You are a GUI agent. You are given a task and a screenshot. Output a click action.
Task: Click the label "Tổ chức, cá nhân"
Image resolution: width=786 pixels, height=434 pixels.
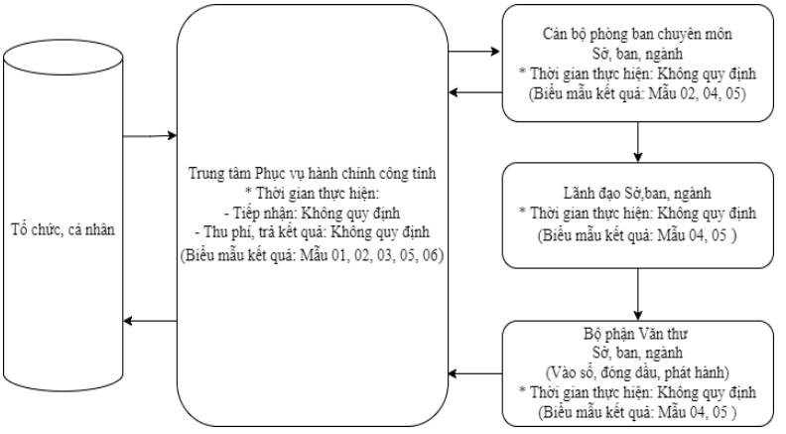click(x=64, y=229)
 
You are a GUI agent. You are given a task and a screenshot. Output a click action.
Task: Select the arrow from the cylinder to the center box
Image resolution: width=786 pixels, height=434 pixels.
click(x=150, y=135)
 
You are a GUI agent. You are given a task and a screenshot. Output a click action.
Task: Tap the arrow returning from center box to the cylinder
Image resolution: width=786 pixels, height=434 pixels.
click(x=150, y=321)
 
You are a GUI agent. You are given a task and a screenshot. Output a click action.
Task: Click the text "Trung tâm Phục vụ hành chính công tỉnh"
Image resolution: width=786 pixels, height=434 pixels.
click(x=313, y=173)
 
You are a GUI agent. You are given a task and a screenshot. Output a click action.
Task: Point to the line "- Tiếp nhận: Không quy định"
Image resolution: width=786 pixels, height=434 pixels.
click(x=313, y=214)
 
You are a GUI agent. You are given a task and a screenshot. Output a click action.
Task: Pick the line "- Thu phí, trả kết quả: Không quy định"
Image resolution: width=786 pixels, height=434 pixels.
click(x=313, y=232)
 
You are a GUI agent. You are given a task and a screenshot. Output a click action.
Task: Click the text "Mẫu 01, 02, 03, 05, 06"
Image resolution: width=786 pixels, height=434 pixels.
click(x=371, y=255)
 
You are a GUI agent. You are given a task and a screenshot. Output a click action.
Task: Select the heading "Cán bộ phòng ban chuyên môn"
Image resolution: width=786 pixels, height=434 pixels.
click(x=637, y=34)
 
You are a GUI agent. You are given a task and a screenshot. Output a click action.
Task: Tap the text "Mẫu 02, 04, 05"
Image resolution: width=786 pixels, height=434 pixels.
click(x=695, y=93)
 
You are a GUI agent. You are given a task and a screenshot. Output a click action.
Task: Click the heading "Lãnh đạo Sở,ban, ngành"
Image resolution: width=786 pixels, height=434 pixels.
click(x=637, y=194)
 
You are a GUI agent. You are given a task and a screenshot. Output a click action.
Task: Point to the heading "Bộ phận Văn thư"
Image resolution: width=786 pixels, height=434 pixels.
click(x=635, y=334)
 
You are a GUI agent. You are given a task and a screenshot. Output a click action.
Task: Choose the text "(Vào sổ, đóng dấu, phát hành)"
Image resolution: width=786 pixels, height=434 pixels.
click(x=637, y=372)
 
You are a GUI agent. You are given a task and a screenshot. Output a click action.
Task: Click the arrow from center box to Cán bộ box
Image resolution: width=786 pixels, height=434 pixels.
click(x=473, y=52)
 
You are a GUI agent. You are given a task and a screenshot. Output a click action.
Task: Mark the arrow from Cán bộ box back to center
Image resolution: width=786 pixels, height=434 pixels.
click(x=475, y=92)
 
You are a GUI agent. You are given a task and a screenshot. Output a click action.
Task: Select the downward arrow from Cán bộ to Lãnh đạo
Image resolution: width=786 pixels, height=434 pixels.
click(x=637, y=142)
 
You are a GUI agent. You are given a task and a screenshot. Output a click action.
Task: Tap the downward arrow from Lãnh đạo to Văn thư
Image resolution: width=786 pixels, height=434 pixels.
click(x=637, y=295)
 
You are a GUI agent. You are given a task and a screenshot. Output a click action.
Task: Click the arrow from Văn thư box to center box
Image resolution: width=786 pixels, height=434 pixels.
click(x=475, y=373)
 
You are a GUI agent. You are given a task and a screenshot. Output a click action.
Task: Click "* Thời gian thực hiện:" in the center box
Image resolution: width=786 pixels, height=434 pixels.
click(x=313, y=194)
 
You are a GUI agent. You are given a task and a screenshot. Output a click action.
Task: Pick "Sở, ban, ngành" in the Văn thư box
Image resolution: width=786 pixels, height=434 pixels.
click(x=637, y=353)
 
